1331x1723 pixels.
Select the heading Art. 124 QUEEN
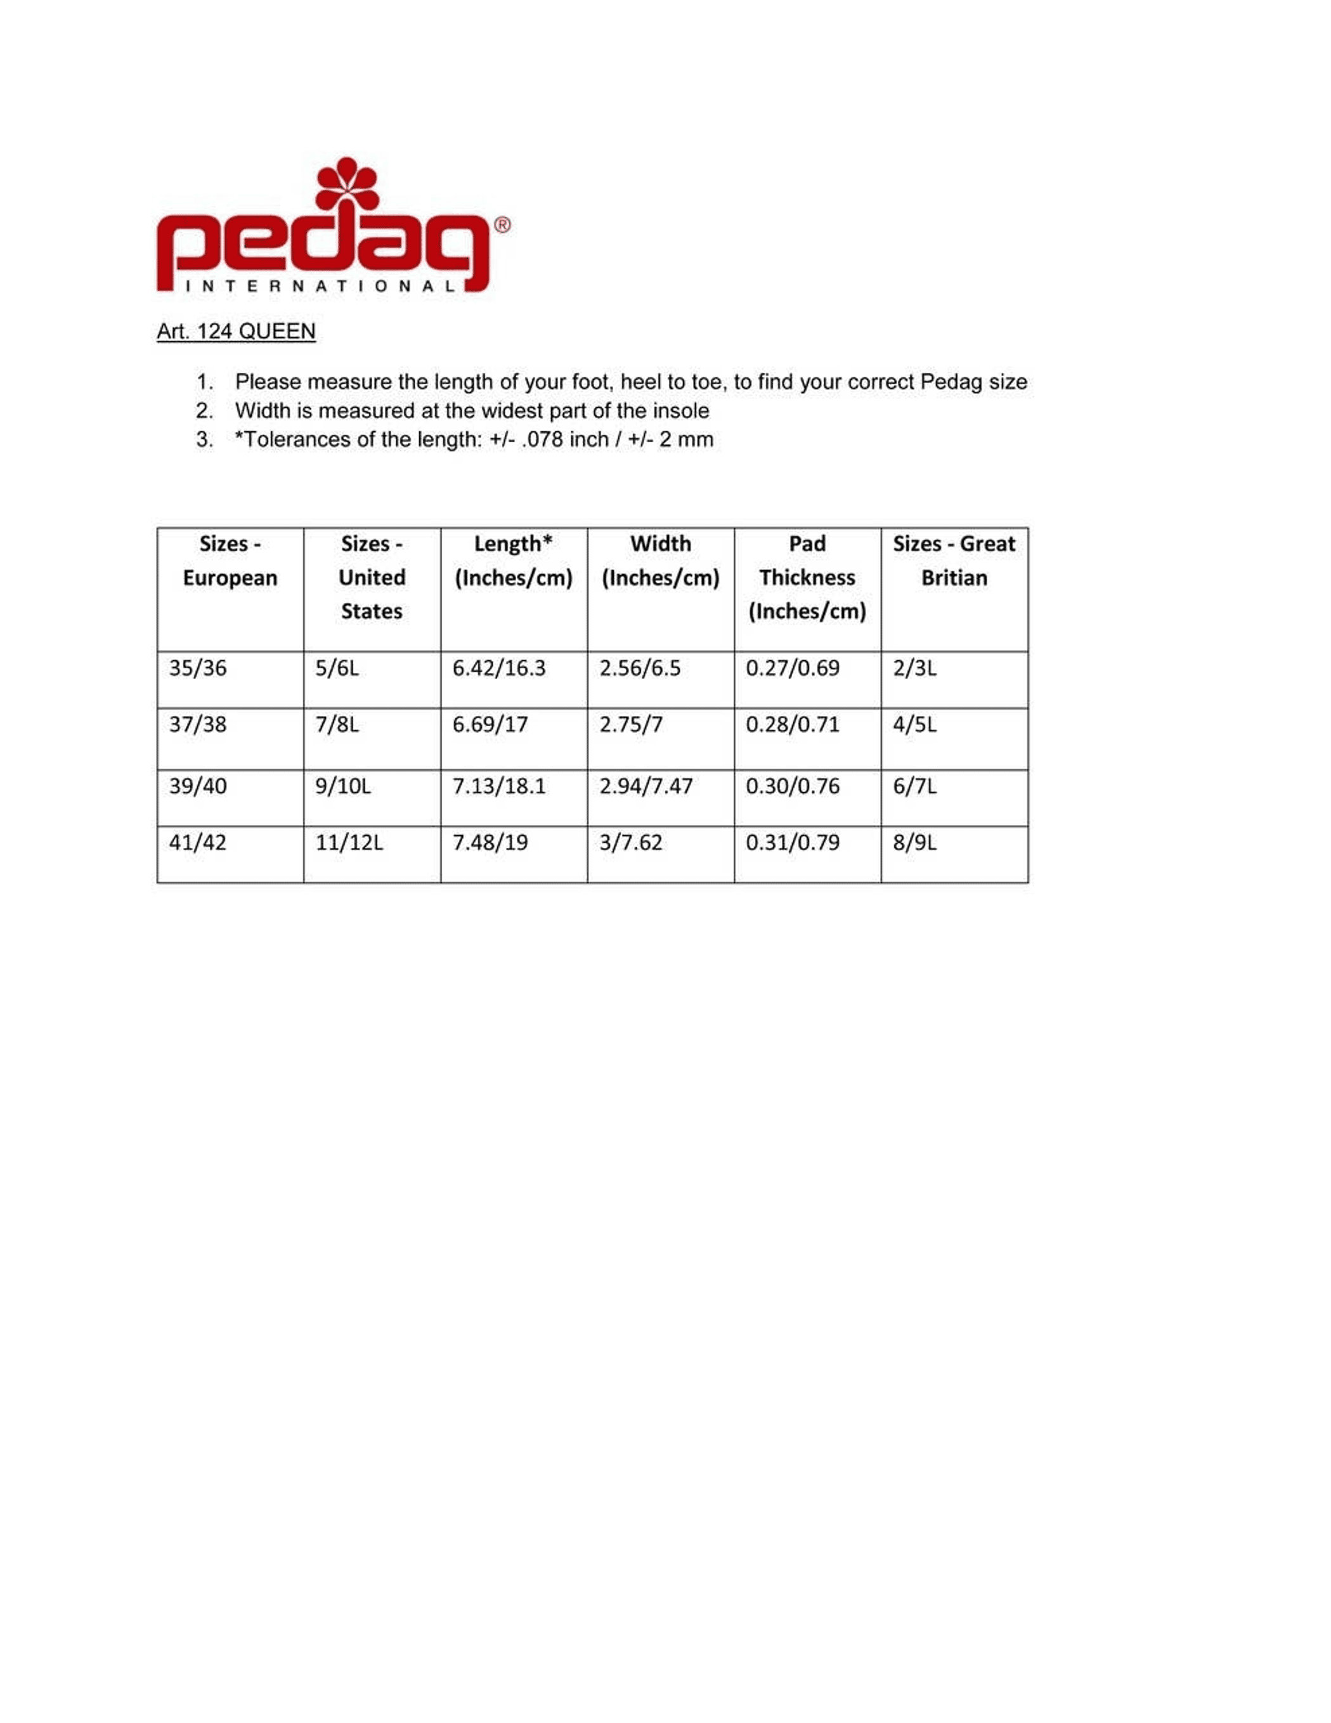pyautogui.click(x=236, y=331)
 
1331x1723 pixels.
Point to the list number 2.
pyautogui.click(x=204, y=410)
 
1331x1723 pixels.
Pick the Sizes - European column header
pyautogui.click(x=230, y=561)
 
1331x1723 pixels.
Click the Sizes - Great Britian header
pyautogui.click(x=953, y=561)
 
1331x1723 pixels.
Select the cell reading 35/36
pyautogui.click(x=197, y=668)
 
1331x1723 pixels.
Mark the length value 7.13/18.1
pyautogui.click(x=498, y=786)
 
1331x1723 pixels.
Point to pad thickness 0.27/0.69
pyautogui.click(x=792, y=668)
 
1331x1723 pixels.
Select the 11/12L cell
pyautogui.click(x=349, y=843)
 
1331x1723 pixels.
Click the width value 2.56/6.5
pyautogui.click(x=639, y=668)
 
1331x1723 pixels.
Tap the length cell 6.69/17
pyautogui.click(x=489, y=724)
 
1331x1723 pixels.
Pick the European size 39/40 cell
pyautogui.click(x=197, y=786)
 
